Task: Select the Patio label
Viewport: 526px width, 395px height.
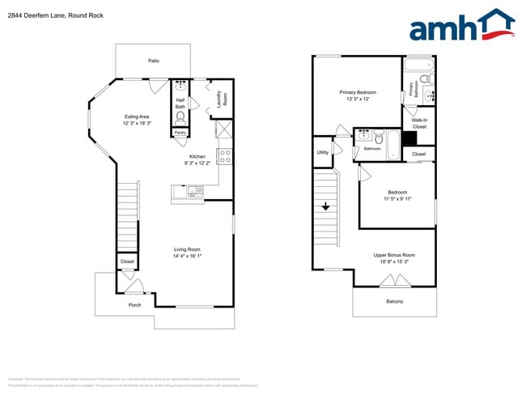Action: pyautogui.click(x=153, y=61)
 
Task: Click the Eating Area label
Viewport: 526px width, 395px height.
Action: pyautogui.click(x=136, y=116)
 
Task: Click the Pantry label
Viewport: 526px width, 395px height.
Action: pyautogui.click(x=180, y=133)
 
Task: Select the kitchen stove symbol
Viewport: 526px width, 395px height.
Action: pyautogui.click(x=226, y=155)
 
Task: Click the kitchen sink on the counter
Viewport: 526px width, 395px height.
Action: pyautogui.click(x=195, y=191)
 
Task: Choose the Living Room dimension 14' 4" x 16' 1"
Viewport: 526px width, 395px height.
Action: pyautogui.click(x=188, y=257)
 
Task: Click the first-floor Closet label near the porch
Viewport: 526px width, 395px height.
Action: pyautogui.click(x=127, y=261)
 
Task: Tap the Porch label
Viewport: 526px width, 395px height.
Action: pyautogui.click(x=134, y=305)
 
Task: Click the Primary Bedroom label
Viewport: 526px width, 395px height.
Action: pyautogui.click(x=358, y=92)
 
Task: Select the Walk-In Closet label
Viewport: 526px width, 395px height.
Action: pyautogui.click(x=419, y=123)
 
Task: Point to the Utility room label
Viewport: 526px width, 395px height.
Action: pyautogui.click(x=323, y=151)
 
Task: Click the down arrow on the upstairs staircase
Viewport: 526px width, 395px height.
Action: pyautogui.click(x=325, y=206)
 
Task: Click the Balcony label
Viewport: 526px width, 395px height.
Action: pyautogui.click(x=394, y=302)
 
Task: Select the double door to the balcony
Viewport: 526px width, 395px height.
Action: pyautogui.click(x=394, y=281)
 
